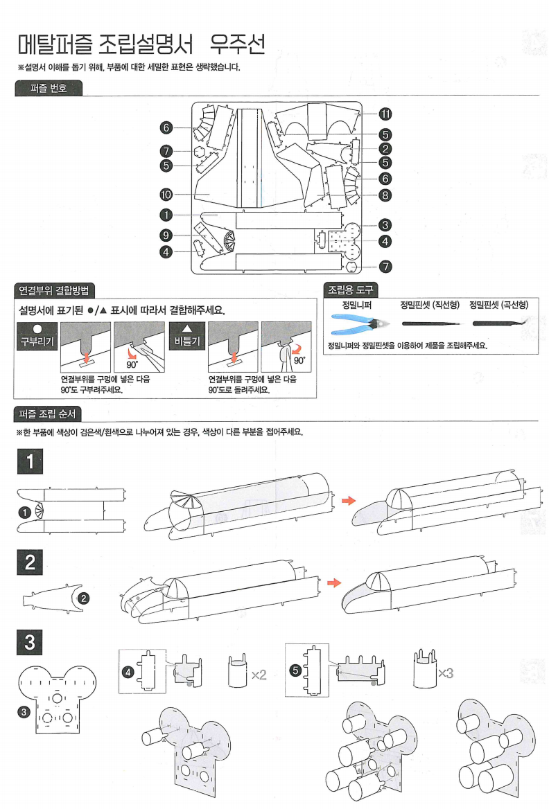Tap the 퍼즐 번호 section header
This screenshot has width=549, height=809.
coord(49,88)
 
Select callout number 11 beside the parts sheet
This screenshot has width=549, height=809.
coord(385,114)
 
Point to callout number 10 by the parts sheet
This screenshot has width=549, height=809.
coord(166,195)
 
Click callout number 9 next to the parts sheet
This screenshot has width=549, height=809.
coord(166,233)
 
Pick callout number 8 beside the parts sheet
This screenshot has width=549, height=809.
coord(385,195)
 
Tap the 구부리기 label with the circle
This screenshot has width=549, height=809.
coord(36,339)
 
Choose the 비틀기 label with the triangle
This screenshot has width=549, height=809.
coord(186,339)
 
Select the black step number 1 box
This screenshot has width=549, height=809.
coord(30,460)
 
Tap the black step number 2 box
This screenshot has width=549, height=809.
coord(30,561)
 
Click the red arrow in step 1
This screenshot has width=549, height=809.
coord(351,500)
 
